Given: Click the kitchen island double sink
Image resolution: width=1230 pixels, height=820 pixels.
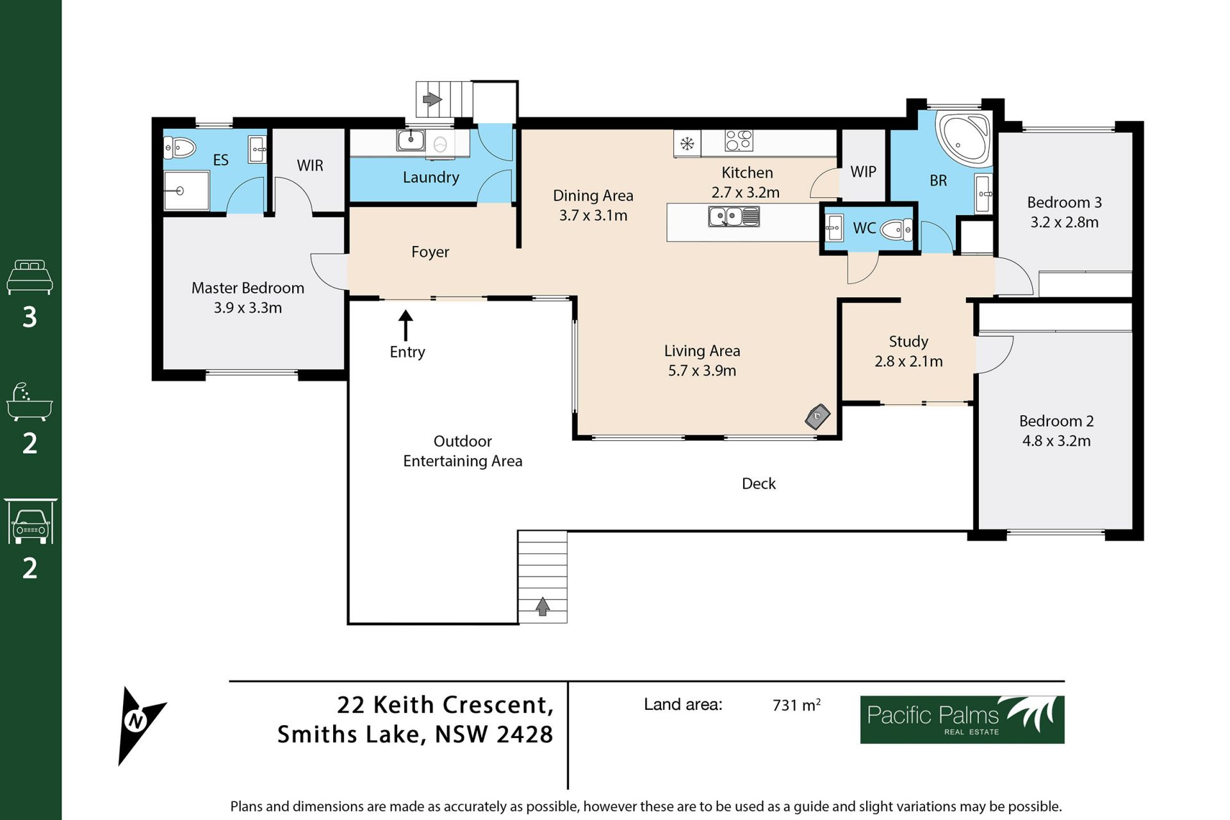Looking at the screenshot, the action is tap(734, 217).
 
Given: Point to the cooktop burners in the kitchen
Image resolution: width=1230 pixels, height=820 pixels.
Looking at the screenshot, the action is tap(739, 140).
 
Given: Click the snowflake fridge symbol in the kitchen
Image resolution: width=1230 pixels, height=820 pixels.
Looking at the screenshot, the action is tap(687, 143).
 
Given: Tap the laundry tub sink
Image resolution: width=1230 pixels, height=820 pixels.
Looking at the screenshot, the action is tap(410, 140).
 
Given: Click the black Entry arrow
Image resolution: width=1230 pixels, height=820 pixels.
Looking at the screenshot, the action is tap(406, 325).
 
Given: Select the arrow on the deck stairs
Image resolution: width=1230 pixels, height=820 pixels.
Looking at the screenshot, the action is tap(543, 606).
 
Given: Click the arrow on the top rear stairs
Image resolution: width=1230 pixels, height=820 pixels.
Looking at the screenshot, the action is tap(432, 99).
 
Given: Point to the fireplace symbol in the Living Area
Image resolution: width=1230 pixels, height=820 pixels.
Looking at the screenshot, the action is tap(817, 416).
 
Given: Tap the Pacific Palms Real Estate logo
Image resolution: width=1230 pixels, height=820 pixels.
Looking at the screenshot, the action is tap(962, 719).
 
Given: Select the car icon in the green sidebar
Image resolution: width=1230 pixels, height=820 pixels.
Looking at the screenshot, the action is tap(30, 521).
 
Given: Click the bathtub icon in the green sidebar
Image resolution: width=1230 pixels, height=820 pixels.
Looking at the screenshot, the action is tap(29, 402).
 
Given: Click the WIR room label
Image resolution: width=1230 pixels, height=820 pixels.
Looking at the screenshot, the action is tap(310, 165).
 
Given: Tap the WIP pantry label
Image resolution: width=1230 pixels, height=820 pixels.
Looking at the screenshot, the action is tap(863, 172).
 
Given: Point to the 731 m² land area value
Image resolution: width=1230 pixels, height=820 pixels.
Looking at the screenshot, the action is tap(796, 705).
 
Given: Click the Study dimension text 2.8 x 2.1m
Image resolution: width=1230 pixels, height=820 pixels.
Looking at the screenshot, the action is tap(908, 361).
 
